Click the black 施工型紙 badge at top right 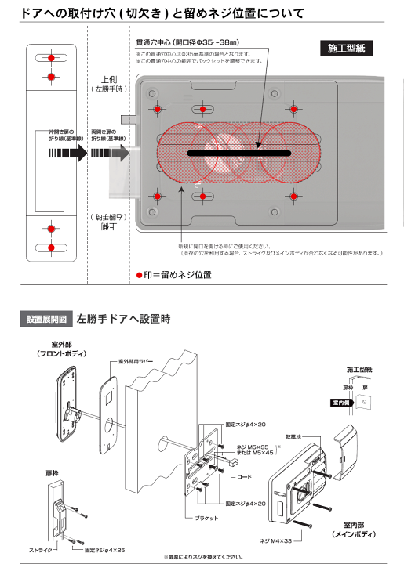(344, 49)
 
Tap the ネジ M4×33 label (274, 540)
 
